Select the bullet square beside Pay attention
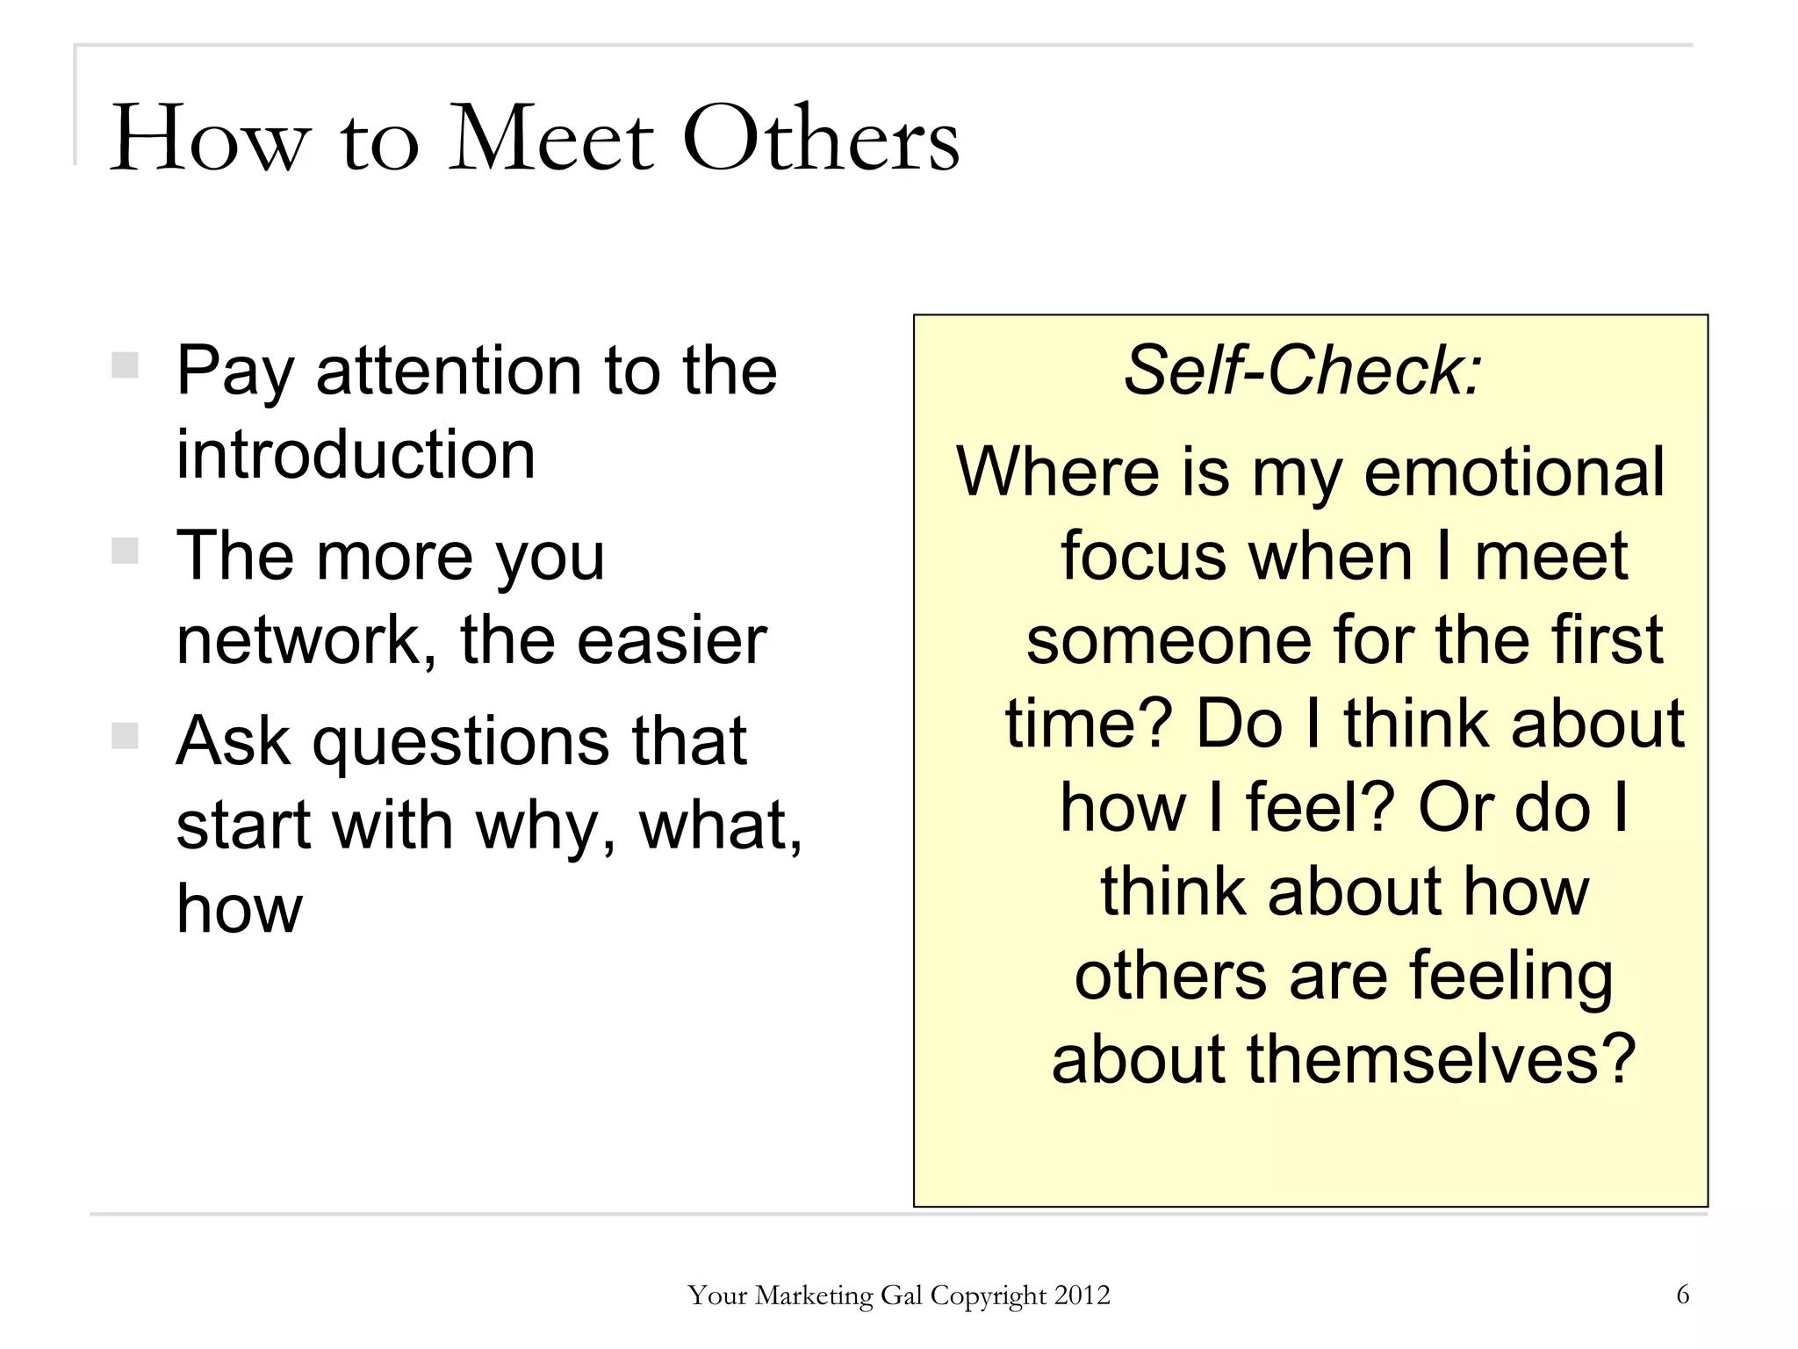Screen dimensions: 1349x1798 pyautogui.click(x=126, y=365)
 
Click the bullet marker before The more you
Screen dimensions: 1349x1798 pyautogui.click(x=126, y=551)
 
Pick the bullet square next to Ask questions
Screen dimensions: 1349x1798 pyautogui.click(x=126, y=736)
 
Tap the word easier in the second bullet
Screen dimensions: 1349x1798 pyautogui.click(x=672, y=640)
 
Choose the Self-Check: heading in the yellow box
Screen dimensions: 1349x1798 pyautogui.click(x=1303, y=371)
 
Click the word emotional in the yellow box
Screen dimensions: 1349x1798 pyautogui.click(x=1514, y=473)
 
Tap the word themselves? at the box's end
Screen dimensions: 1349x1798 pyautogui.click(x=1441, y=1059)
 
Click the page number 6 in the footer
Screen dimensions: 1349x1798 pyautogui.click(x=1682, y=1295)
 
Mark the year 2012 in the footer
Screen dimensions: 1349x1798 pyautogui.click(x=1082, y=1295)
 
